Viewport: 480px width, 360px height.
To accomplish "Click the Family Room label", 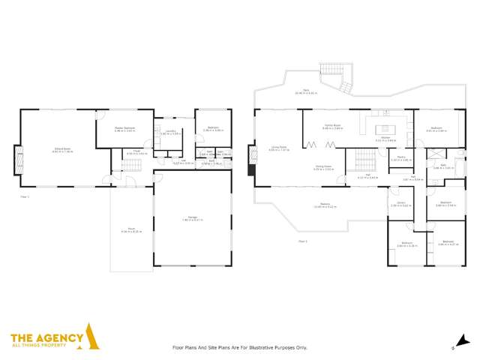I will pyautogui.click(x=332, y=127).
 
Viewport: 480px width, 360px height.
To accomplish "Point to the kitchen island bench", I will pyautogui.click(x=384, y=128).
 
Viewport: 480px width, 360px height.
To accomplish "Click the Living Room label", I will pyautogui.click(x=278, y=149).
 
